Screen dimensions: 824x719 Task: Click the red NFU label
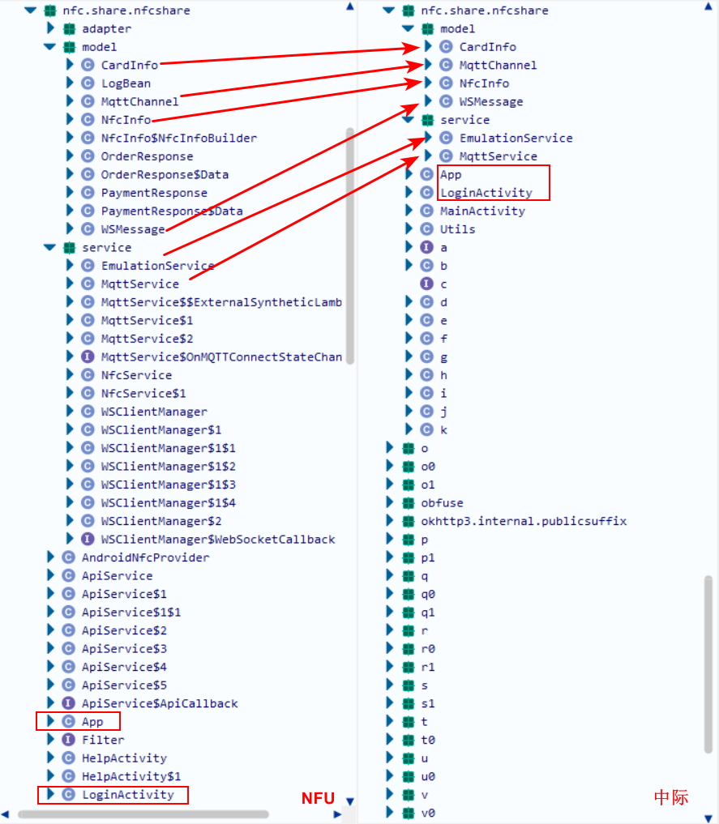pyautogui.click(x=318, y=798)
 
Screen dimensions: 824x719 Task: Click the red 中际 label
pyautogui.click(x=671, y=797)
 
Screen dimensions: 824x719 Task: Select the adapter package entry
pyautogui.click(x=106, y=28)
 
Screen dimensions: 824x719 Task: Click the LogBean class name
pyautogui.click(x=126, y=83)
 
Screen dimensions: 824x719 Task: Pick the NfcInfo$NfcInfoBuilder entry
pyautogui.click(x=178, y=138)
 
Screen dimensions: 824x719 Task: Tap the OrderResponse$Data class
pyautogui.click(x=165, y=174)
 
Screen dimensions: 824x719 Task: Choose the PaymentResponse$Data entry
pyautogui.click(x=172, y=211)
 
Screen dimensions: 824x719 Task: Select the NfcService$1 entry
pyautogui.click(x=143, y=393)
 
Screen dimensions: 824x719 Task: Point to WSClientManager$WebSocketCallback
pyautogui.click(x=217, y=539)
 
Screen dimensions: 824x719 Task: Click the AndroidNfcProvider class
pyautogui.click(x=145, y=557)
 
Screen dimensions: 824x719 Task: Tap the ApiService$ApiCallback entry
pyautogui.click(x=160, y=703)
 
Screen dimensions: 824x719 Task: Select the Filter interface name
pyautogui.click(x=103, y=740)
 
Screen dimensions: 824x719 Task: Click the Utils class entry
pyautogui.click(x=457, y=229)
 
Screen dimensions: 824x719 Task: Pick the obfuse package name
pyautogui.click(x=442, y=502)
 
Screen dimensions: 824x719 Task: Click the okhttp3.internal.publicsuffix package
pyautogui.click(x=524, y=521)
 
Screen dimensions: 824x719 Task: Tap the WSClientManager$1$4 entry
pyautogui.click(x=168, y=502)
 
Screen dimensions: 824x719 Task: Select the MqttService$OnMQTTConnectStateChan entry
pyautogui.click(x=220, y=356)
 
